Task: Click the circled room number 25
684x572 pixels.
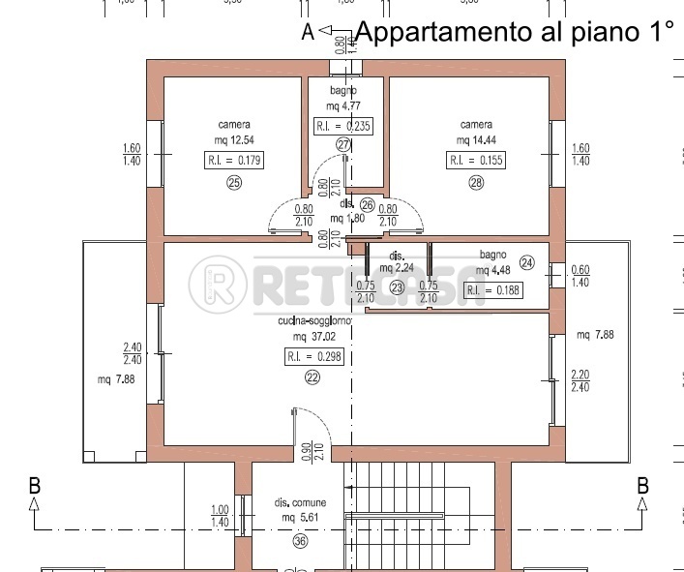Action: (x=233, y=185)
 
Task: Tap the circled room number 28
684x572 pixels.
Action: (x=476, y=184)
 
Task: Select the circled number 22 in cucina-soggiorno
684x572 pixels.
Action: (x=312, y=378)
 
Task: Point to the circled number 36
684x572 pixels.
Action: (x=300, y=542)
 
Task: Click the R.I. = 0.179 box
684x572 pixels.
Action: (x=234, y=161)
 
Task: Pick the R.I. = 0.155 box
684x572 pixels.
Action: (x=476, y=161)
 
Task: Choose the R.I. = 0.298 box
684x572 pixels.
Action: (x=312, y=356)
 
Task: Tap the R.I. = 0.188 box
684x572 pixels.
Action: (x=493, y=289)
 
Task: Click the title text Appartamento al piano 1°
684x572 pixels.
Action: (x=514, y=32)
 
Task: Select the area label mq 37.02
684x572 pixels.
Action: (x=312, y=337)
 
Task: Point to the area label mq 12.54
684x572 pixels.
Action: (x=234, y=141)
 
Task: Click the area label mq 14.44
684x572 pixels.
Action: (x=476, y=140)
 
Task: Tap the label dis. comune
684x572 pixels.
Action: (x=300, y=503)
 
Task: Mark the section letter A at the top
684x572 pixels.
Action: (x=309, y=32)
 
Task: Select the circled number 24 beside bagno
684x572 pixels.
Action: (x=527, y=262)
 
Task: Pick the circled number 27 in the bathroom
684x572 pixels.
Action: (x=343, y=144)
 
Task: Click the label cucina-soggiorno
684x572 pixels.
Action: (x=312, y=320)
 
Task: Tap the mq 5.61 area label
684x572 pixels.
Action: (x=300, y=518)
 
